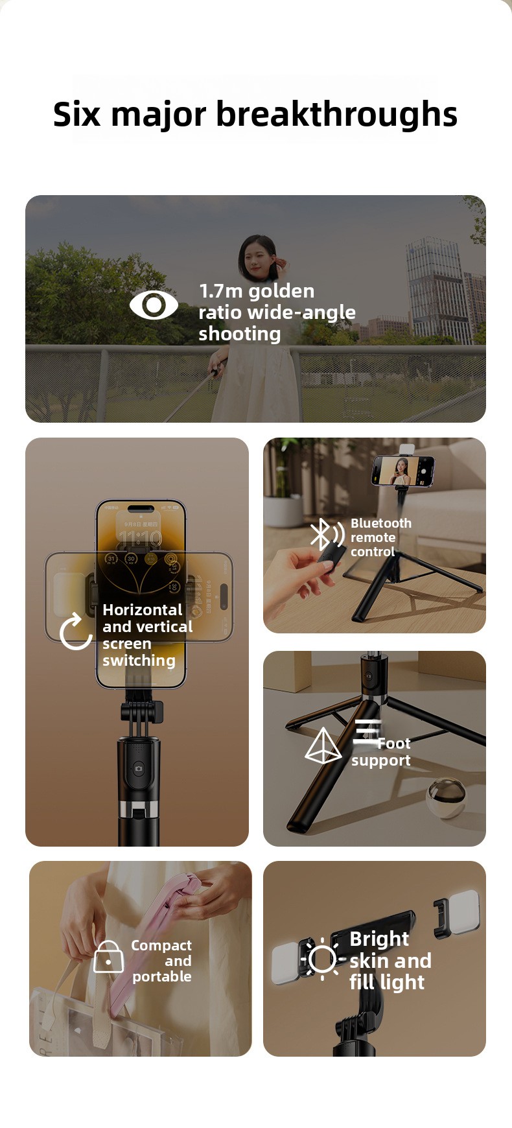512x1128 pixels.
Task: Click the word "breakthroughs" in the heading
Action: [336, 115]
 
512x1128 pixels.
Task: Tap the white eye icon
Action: [154, 305]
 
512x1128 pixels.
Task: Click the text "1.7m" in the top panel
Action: [220, 290]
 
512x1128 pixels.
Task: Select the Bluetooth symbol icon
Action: [327, 534]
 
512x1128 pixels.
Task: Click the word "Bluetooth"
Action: [381, 523]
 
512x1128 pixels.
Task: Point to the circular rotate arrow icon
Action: [76, 631]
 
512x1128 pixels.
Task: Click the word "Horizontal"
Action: [143, 610]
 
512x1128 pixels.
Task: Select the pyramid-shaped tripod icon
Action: [323, 746]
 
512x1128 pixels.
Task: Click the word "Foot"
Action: [394, 744]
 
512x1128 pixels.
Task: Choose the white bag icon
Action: [108, 957]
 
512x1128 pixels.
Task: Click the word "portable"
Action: [162, 977]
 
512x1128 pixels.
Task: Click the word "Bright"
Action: [379, 939]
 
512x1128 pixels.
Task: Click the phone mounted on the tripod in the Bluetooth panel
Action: [402, 471]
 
